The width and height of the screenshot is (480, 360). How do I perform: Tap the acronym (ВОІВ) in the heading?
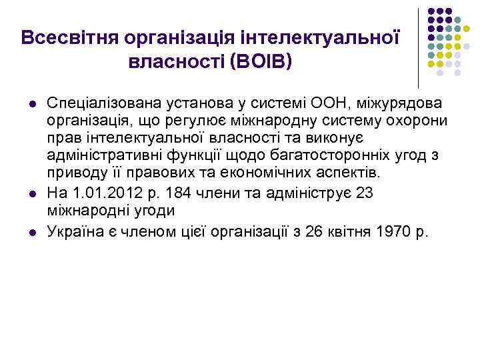click(x=261, y=62)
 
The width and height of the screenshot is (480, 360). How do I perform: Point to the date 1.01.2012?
click(x=98, y=194)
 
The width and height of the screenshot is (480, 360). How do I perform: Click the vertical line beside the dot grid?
click(x=418, y=47)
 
